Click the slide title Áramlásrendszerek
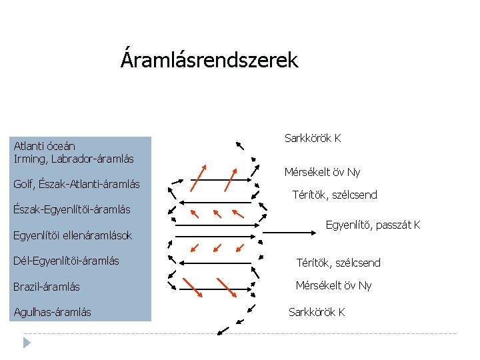click(209, 61)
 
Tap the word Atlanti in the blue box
click(27, 146)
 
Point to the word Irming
click(29, 159)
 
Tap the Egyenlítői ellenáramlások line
click(73, 235)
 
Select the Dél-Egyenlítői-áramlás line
click(67, 261)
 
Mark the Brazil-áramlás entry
click(47, 287)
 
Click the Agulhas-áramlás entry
click(53, 312)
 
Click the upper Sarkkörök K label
click(313, 139)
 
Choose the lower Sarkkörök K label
click(317, 312)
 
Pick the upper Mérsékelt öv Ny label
click(323, 172)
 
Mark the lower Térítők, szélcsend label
click(338, 263)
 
